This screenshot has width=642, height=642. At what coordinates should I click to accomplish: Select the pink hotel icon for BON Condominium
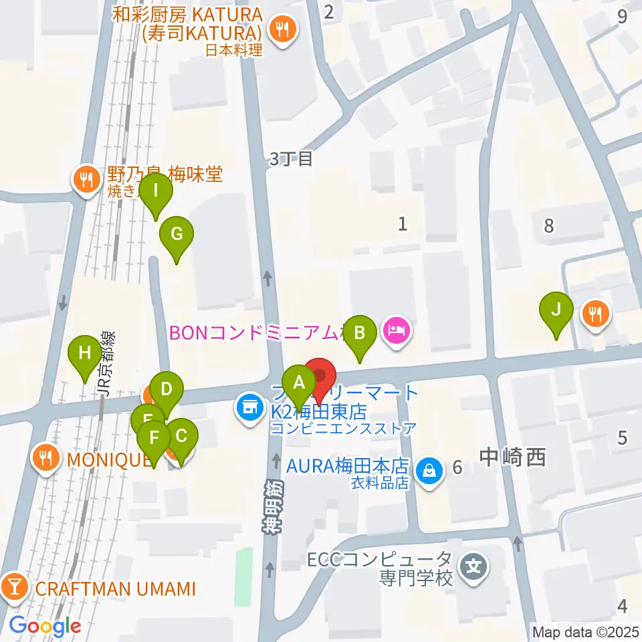coord(396,330)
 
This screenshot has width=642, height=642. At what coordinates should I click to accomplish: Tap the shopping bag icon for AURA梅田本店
coord(428,471)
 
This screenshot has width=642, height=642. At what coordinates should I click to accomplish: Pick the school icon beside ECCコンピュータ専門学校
coord(475,568)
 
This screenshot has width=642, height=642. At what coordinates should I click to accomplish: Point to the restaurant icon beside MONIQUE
coord(45,459)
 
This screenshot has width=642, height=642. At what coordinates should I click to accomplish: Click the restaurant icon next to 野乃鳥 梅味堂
coord(86,179)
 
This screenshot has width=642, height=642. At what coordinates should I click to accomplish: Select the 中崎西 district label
coord(513,457)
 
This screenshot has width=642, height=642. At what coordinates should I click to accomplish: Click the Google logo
coord(44,626)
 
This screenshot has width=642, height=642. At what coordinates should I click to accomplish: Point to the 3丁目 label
coord(291,159)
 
